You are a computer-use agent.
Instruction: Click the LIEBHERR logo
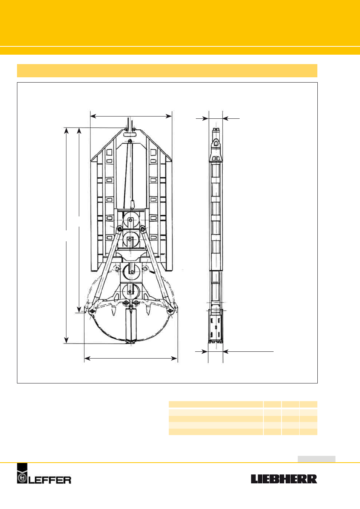pos(284,479)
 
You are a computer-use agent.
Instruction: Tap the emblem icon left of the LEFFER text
pos(22,473)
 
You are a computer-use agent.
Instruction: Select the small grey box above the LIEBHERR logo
pos(316,459)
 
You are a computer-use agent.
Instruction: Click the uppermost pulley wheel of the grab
pos(131,219)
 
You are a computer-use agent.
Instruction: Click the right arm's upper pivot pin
pos(142,228)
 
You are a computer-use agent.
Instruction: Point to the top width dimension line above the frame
pos(131,117)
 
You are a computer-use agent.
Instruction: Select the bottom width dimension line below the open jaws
pos(131,359)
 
